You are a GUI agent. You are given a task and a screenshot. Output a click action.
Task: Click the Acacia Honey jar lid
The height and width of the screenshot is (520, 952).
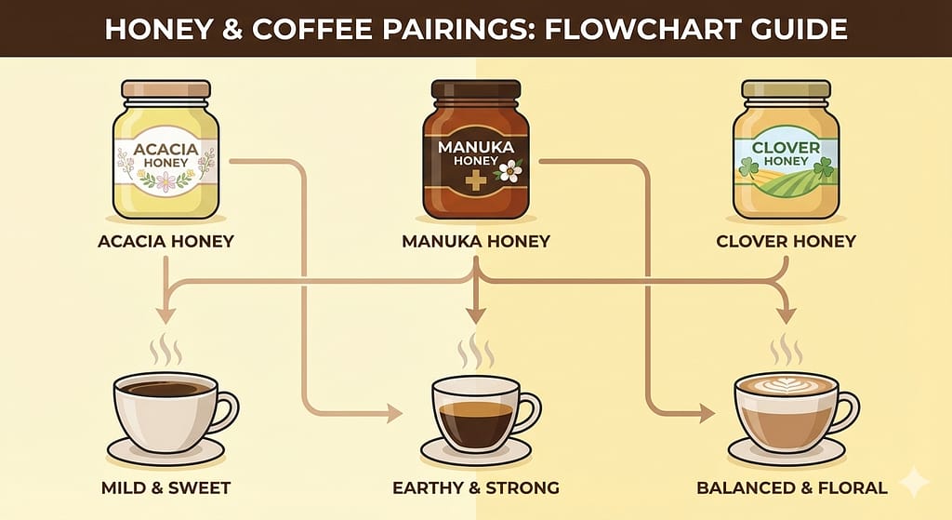coord(165,89)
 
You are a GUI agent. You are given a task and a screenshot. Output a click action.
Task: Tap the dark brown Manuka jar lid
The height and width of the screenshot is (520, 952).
coord(475,89)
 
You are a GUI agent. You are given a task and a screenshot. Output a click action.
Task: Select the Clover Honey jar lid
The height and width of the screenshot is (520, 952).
coord(786,89)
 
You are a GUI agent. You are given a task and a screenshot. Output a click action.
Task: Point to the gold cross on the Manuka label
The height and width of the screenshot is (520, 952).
coord(474,181)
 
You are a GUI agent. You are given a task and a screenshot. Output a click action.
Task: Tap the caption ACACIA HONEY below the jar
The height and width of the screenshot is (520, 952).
coord(165,241)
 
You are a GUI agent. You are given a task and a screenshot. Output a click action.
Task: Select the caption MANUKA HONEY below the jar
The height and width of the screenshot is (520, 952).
coord(476,241)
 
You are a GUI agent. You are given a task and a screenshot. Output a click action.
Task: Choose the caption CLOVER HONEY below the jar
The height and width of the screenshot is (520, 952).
coord(786,241)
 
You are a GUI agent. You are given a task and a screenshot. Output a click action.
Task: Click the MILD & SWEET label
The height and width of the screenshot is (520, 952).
coord(165,487)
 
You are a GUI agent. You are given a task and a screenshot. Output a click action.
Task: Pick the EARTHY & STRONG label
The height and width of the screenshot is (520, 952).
coord(476,487)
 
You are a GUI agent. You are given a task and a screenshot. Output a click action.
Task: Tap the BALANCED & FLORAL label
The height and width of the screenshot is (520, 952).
coord(792,487)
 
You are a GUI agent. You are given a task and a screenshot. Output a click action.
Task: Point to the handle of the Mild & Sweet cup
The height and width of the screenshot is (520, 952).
coord(227,412)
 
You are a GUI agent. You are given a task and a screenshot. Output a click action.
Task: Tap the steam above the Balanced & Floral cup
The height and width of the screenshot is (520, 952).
coord(787,349)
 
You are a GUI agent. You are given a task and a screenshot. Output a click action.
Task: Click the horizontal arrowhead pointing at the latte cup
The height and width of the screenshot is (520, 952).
coord(707,414)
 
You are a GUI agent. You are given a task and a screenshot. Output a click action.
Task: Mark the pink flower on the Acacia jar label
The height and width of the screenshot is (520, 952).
coord(165,181)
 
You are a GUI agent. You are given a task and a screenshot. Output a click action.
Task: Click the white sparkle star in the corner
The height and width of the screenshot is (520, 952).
coord(914,483)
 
